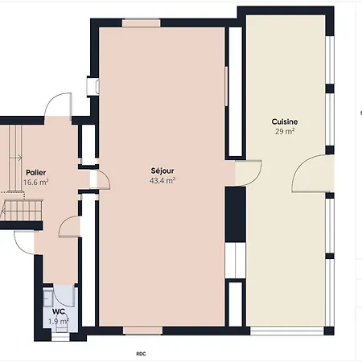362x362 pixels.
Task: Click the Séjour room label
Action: pos(162,171)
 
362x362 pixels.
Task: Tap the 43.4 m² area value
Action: pos(162,181)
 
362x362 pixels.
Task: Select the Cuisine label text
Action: pos(285,121)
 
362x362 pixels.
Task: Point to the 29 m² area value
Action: pos(285,131)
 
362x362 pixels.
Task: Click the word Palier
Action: pos(36,172)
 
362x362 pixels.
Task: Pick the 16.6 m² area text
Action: pos(36,183)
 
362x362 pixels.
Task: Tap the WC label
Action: pos(59,311)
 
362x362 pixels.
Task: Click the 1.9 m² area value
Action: pos(59,321)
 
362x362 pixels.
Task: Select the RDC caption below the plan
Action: pos(141,354)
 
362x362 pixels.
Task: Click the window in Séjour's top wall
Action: pos(142,23)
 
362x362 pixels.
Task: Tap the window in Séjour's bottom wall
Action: pos(142,331)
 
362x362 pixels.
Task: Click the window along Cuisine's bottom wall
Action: pos(287,331)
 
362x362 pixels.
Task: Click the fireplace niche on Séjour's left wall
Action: pos(93,86)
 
